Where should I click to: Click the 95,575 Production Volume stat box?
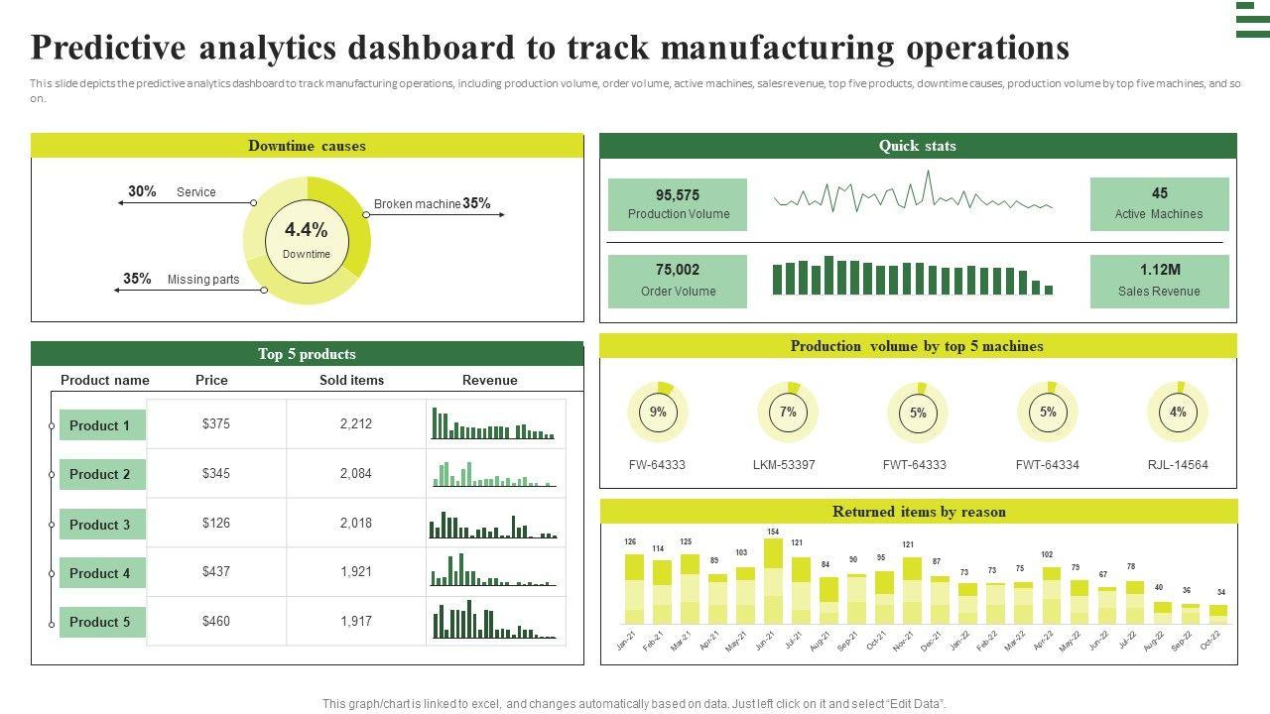(x=678, y=204)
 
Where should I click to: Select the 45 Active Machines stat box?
(x=1159, y=204)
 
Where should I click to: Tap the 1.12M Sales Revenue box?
(x=1159, y=281)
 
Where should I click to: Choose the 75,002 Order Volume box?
(x=678, y=281)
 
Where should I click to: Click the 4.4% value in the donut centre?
(x=306, y=230)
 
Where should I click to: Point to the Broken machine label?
(x=417, y=204)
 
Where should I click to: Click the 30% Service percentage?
(x=142, y=191)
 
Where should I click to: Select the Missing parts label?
(x=203, y=280)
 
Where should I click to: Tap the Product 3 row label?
(x=100, y=525)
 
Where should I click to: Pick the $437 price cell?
(x=216, y=572)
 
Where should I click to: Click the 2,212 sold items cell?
(x=356, y=424)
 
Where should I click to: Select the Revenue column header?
(x=490, y=380)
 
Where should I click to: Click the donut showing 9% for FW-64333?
(x=658, y=413)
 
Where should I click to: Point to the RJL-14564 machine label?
(x=1178, y=465)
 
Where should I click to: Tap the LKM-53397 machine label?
(x=784, y=465)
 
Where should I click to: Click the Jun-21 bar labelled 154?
(x=773, y=581)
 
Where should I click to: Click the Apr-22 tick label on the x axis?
(x=1042, y=641)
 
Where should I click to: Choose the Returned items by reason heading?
(x=919, y=512)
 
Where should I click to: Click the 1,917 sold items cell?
(x=356, y=622)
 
